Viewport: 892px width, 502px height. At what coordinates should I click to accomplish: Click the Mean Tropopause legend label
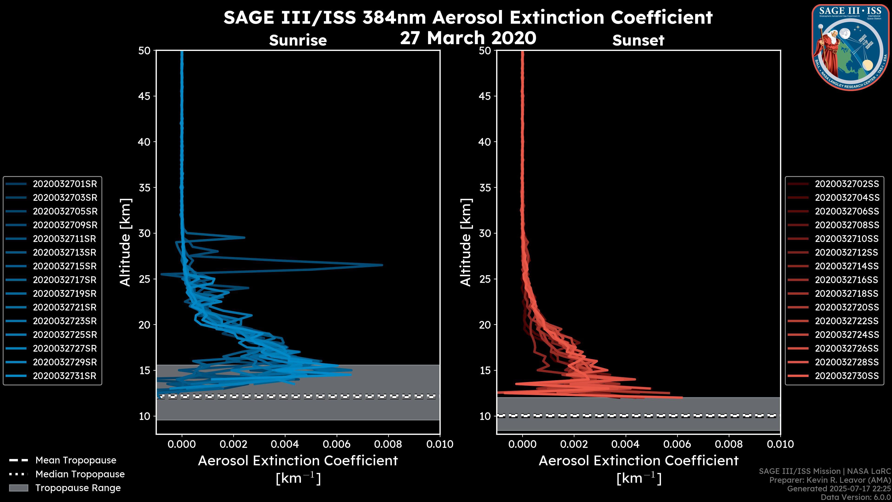pyautogui.click(x=76, y=460)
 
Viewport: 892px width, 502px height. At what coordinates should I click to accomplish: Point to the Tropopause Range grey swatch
pyautogui.click(x=18, y=488)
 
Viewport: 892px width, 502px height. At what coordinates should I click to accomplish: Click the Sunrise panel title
pyautogui.click(x=298, y=40)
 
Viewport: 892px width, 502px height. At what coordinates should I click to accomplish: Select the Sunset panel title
pyautogui.click(x=638, y=40)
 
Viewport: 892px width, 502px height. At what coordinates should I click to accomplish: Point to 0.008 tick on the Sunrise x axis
pyautogui.click(x=388, y=444)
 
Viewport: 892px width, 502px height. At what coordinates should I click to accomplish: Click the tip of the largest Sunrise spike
pyautogui.click(x=382, y=265)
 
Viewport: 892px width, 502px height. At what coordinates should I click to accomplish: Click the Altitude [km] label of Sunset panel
pyautogui.click(x=466, y=242)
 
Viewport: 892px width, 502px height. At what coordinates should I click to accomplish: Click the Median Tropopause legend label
pyautogui.click(x=80, y=474)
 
